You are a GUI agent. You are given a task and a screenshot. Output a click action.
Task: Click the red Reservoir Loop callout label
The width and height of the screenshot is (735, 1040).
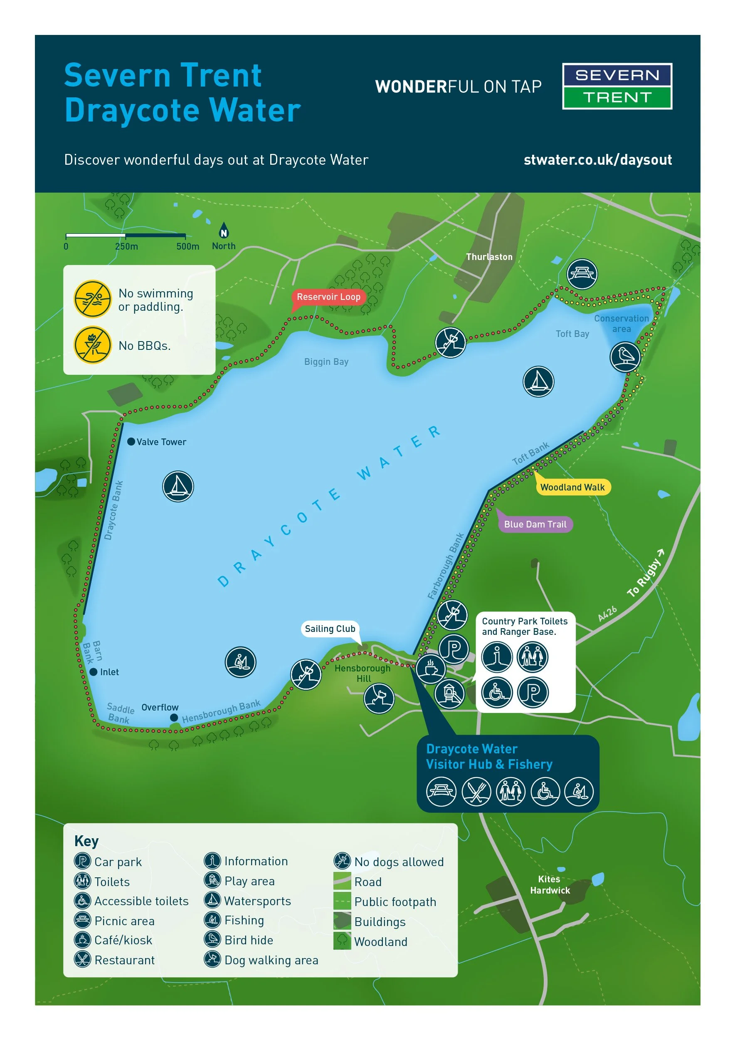[328, 297]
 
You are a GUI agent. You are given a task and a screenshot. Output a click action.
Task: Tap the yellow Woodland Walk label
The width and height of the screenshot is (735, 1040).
[572, 487]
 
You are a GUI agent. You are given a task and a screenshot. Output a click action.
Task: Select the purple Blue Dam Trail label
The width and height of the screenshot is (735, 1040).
[535, 524]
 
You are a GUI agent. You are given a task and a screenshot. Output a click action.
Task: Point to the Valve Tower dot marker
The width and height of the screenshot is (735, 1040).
[131, 442]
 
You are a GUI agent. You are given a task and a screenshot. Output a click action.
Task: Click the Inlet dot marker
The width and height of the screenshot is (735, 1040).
[94, 672]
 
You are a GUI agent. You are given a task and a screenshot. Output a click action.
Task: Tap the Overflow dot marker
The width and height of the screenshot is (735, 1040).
[174, 718]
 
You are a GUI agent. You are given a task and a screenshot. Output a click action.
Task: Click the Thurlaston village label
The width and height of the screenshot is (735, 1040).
[489, 257]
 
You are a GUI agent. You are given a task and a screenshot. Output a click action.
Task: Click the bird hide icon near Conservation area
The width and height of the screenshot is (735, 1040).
[625, 357]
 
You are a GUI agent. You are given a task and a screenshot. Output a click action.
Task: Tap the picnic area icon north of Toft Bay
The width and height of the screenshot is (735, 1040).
[582, 274]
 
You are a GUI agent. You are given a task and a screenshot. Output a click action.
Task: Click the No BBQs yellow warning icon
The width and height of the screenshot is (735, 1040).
[93, 345]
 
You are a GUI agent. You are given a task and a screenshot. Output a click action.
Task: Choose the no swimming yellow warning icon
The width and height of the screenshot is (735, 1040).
[93, 299]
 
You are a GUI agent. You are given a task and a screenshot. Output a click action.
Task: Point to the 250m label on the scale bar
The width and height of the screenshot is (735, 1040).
[126, 246]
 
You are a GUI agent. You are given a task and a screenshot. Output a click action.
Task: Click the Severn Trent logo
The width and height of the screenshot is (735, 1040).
[617, 86]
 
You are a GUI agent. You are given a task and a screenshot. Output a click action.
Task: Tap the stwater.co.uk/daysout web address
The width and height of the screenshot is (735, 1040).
[597, 160]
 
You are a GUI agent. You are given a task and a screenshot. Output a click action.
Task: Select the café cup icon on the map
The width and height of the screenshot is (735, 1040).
[430, 669]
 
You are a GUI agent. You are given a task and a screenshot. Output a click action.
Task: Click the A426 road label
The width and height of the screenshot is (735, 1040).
[607, 613]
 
